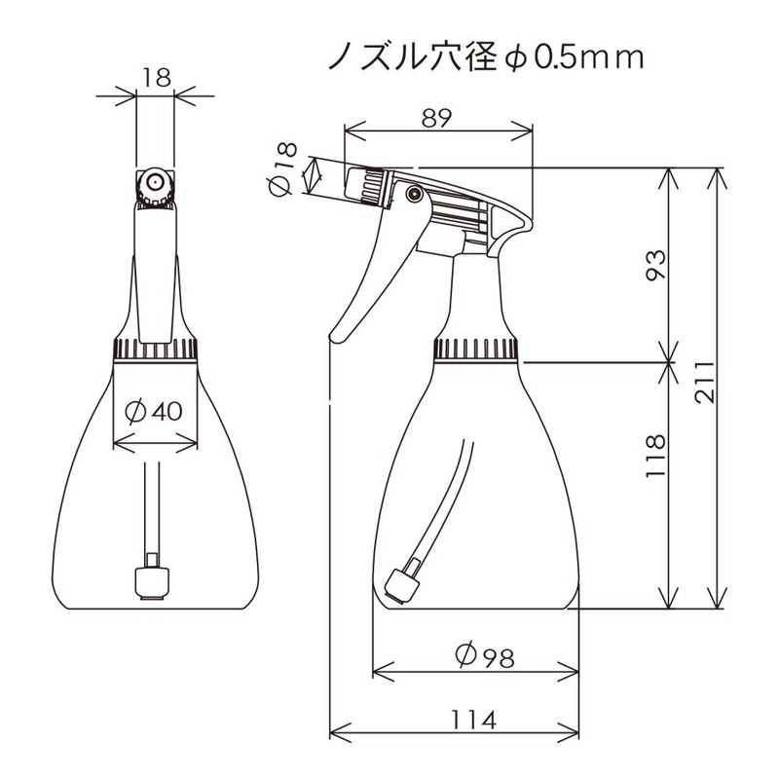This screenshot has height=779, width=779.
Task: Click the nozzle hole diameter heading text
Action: pyautogui.click(x=486, y=56)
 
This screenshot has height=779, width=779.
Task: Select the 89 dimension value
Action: pyautogui.click(x=437, y=118)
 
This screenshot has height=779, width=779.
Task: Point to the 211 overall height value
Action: pyautogui.click(x=704, y=382)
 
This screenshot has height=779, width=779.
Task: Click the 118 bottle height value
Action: pyautogui.click(x=654, y=456)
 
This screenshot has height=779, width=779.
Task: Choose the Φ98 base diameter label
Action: pyautogui.click(x=484, y=656)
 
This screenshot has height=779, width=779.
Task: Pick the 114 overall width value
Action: pyautogui.click(x=473, y=720)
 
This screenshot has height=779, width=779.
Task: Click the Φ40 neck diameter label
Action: pyautogui.click(x=154, y=411)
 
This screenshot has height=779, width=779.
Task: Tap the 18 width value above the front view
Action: pyautogui.click(x=157, y=78)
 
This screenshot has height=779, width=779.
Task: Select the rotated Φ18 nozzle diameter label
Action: pyautogui.click(x=282, y=169)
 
